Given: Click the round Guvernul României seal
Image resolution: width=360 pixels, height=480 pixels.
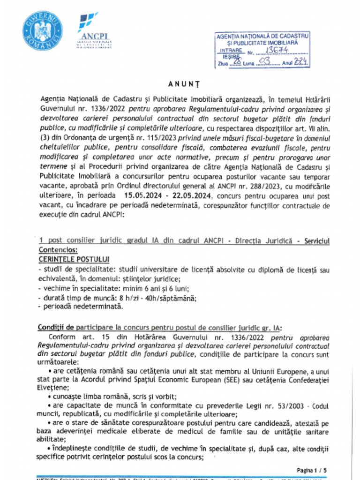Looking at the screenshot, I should (42, 31).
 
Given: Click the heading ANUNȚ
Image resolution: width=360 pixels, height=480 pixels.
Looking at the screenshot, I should (180, 84).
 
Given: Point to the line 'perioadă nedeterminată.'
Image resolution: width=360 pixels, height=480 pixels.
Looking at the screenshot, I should (83, 307).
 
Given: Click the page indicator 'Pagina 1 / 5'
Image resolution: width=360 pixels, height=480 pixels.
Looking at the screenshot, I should (313, 470).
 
